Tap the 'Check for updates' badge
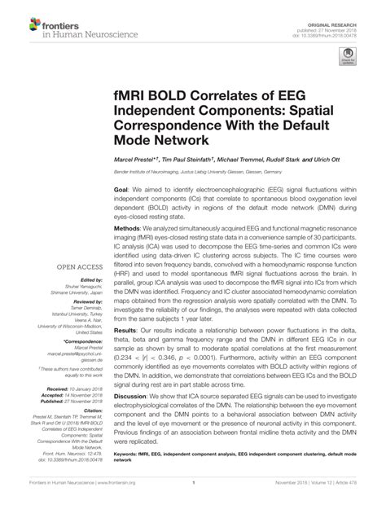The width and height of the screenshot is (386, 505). point(348,56)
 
